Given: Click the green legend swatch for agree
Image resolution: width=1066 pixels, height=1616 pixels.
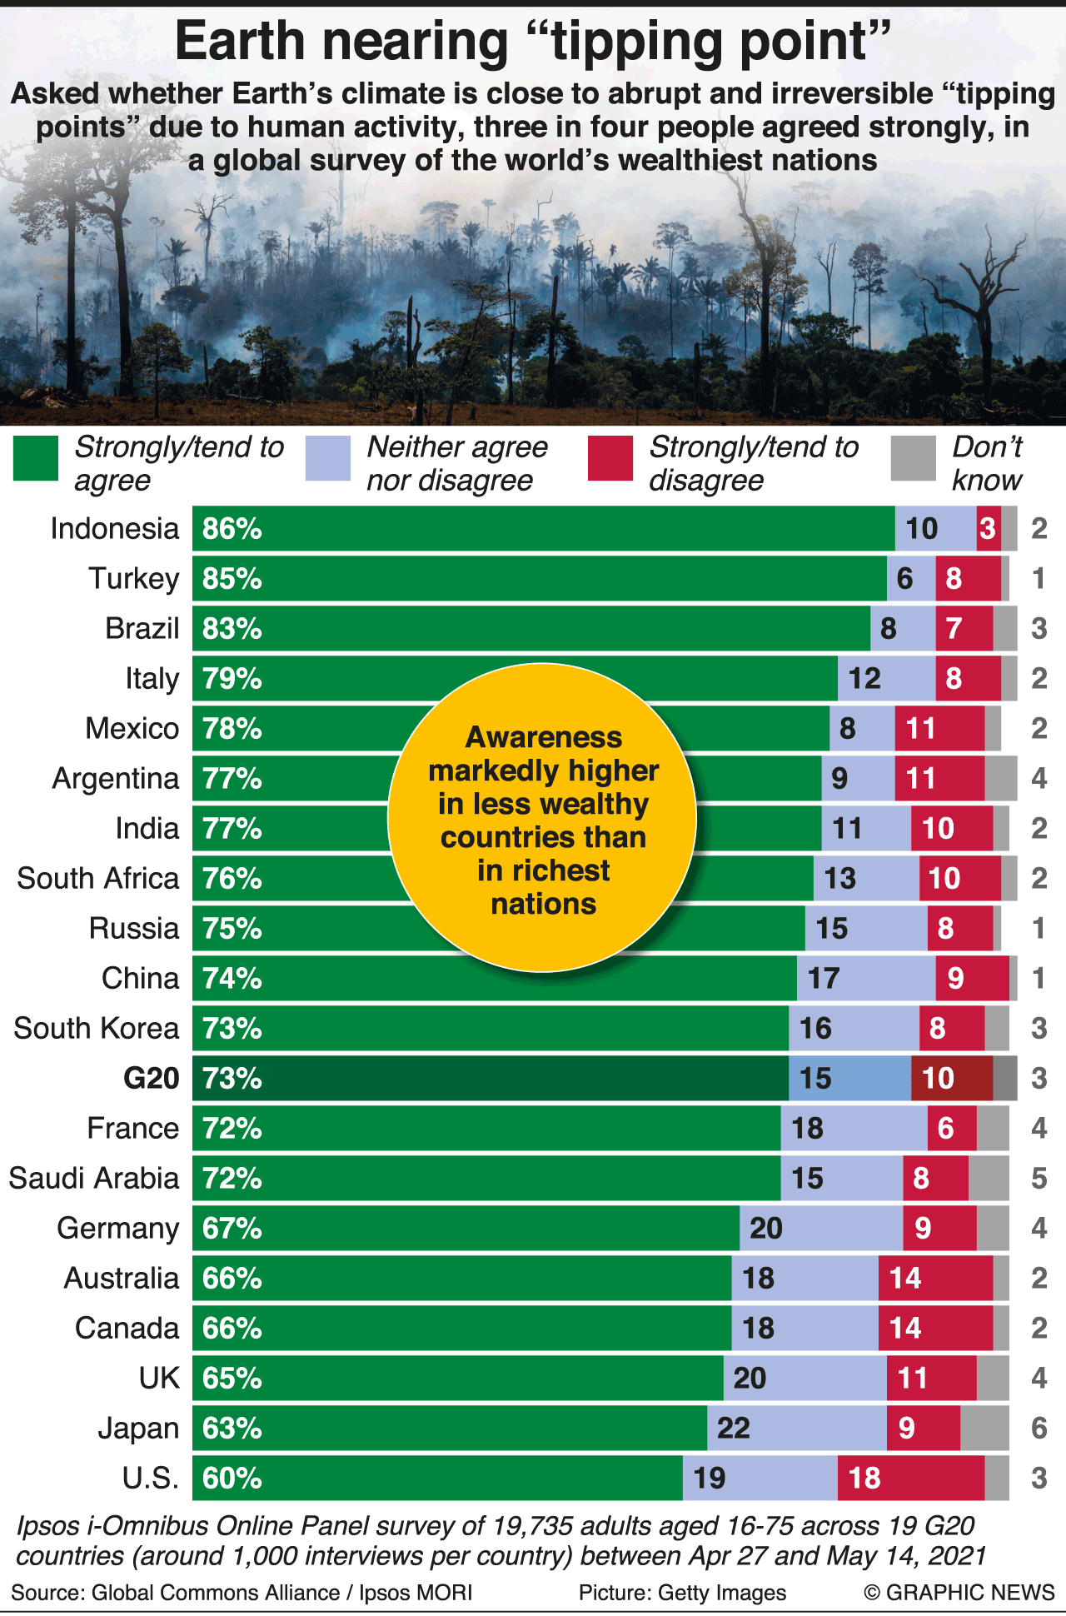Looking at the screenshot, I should (x=36, y=459).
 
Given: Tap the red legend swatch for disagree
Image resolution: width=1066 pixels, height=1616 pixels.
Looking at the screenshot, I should (x=610, y=459).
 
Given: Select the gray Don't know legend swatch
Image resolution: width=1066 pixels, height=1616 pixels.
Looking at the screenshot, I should (x=913, y=459).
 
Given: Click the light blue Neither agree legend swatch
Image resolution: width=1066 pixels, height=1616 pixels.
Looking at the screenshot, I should (x=327, y=459).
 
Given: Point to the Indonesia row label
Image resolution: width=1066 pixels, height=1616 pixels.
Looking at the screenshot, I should (x=115, y=529).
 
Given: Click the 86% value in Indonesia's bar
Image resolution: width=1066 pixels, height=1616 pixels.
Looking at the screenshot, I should (x=232, y=529).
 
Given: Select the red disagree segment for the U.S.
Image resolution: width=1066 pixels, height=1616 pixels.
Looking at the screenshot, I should (x=910, y=1479).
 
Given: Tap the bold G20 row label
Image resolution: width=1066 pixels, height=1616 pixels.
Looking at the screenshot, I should (x=151, y=1079).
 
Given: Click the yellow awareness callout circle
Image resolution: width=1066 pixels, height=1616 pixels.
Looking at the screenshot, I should (x=542, y=818).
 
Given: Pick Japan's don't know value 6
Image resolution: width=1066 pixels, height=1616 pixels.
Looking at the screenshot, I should (x=1039, y=1429).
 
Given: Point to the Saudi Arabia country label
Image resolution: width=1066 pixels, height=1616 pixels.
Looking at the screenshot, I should (x=94, y=1179).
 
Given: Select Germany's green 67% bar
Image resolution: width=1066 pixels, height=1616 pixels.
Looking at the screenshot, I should (x=466, y=1229).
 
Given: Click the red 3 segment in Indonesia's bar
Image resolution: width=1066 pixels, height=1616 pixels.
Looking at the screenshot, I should (x=988, y=529).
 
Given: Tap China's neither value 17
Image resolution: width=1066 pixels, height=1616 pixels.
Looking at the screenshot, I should (x=824, y=979).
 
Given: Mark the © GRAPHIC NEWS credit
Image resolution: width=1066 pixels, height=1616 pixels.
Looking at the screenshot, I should (x=959, y=1593).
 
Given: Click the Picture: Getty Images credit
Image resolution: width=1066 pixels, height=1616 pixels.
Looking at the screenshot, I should (x=682, y=1593).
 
